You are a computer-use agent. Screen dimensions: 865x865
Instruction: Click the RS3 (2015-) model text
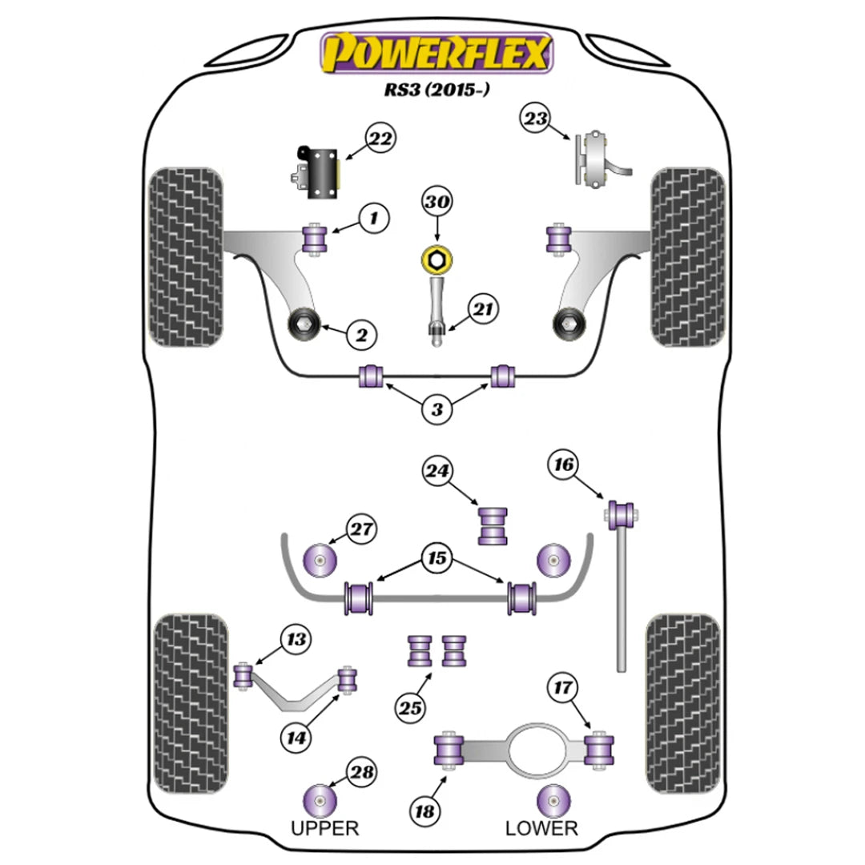(437, 90)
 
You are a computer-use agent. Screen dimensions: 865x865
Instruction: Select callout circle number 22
(382, 139)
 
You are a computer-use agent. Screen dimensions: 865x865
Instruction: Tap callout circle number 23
(536, 119)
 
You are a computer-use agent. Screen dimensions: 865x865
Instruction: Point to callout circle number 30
(437, 203)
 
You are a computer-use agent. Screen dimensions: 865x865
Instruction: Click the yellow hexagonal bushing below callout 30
(437, 259)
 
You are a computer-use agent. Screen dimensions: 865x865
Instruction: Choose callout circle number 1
(372, 217)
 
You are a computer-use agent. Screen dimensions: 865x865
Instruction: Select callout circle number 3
(437, 410)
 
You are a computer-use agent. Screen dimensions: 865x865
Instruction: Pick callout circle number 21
(483, 309)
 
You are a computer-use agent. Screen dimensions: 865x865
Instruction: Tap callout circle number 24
(437, 473)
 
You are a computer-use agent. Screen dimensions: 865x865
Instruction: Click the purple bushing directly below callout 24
(494, 526)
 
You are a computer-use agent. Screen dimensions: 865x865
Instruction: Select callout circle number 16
(562, 464)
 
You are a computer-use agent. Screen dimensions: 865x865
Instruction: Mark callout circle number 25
(410, 707)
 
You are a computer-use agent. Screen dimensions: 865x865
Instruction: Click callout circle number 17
(562, 687)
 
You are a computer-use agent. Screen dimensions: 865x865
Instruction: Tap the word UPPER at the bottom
(325, 827)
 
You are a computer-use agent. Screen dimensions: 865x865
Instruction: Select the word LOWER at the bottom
(541, 827)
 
